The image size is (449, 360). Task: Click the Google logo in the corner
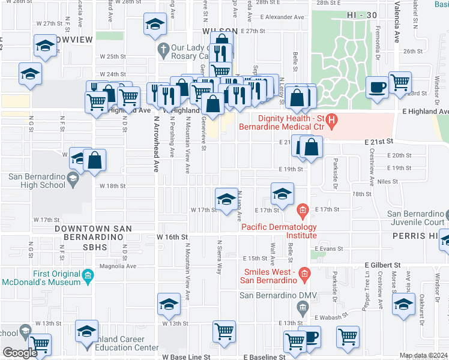pos(20,353)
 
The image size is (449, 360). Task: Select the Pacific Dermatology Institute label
pos(279,231)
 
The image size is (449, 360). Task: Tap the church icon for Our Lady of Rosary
pos(161,47)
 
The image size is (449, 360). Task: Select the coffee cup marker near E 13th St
pos(310,337)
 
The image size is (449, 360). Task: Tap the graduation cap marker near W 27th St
pos(155,25)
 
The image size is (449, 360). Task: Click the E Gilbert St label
pos(382,265)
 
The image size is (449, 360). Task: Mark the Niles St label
pos(388,181)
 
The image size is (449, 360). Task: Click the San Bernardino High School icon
pos(73,177)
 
